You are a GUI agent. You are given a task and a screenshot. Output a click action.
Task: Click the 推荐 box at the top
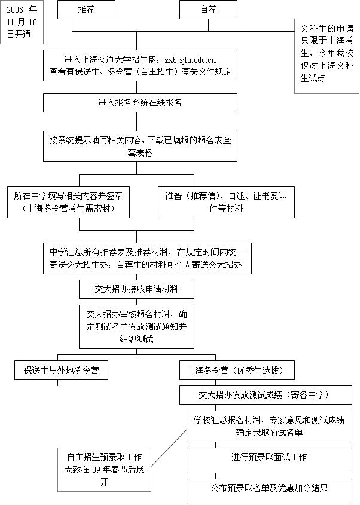[x=86, y=10]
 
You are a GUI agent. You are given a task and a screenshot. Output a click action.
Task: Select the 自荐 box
[x=208, y=10]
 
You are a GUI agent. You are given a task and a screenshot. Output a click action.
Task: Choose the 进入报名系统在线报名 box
[x=140, y=102]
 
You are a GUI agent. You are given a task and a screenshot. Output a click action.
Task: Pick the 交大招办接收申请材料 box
[x=136, y=289]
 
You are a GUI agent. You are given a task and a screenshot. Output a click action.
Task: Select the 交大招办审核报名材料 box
[x=137, y=326]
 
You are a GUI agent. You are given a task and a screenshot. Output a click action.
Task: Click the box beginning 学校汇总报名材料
[x=269, y=426]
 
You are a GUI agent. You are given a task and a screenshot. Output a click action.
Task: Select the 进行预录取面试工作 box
[x=269, y=457]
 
